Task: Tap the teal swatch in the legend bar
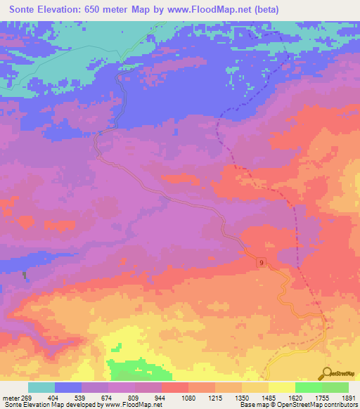pos(41,387)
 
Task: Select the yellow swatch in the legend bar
pos(282,387)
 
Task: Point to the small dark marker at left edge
pos(27,275)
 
